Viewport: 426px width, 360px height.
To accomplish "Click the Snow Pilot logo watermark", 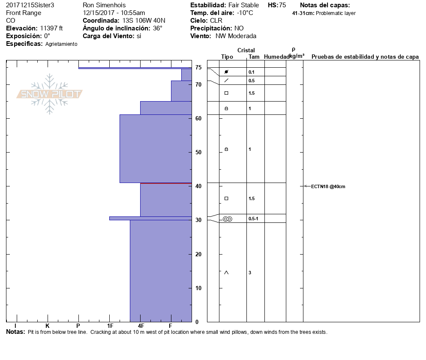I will click(x=50, y=94).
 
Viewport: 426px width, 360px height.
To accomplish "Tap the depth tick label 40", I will click(x=198, y=186).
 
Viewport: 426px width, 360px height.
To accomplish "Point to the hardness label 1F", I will click(x=110, y=326).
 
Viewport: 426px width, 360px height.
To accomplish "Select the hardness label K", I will click(x=47, y=326).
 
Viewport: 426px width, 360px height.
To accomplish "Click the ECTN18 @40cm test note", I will click(x=328, y=186).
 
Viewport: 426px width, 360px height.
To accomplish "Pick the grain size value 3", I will click(x=250, y=273).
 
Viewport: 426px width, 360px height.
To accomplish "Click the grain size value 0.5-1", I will click(x=253, y=219).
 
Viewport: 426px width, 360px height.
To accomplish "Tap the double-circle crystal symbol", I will click(x=228, y=219).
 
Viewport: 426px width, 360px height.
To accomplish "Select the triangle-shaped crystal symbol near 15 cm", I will click(x=226, y=273).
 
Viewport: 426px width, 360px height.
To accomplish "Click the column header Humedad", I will click(x=275, y=57).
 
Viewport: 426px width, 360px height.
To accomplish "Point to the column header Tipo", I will click(x=227, y=57).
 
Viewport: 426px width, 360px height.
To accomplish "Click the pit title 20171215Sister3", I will click(x=30, y=5).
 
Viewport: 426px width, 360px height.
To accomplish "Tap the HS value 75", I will click(x=282, y=5).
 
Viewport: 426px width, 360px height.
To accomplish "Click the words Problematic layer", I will click(x=336, y=13).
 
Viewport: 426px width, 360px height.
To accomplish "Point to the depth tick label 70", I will click(x=198, y=85).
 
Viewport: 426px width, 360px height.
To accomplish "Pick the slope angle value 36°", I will click(x=158, y=28).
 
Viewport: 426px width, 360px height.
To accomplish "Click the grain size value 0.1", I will click(x=252, y=72).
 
